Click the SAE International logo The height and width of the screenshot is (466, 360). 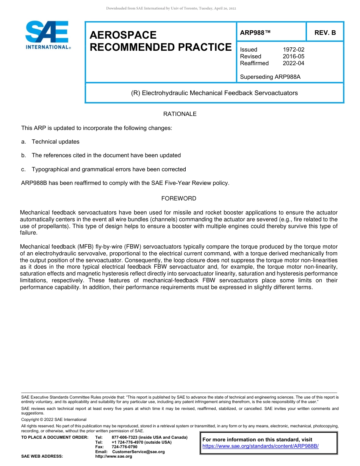click(x=47, y=35)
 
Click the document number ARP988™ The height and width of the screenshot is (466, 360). click(x=255, y=33)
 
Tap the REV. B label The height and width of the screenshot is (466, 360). click(x=325, y=33)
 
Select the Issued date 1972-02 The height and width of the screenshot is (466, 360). click(x=293, y=50)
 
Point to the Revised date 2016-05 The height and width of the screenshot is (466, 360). click(x=293, y=56)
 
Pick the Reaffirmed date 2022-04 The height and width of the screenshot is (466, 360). click(x=293, y=63)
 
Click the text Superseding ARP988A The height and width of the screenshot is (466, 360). click(x=270, y=77)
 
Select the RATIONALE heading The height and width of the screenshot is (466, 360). click(x=180, y=114)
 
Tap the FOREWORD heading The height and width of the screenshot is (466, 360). click(x=179, y=199)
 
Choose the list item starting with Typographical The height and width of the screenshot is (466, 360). click(x=108, y=169)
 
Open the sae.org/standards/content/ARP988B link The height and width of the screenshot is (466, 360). click(x=260, y=446)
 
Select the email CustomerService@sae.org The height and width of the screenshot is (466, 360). click(x=138, y=452)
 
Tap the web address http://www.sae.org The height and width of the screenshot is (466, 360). click(x=114, y=457)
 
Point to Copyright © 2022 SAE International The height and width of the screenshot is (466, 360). click(x=54, y=419)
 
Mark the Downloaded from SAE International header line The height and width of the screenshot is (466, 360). click(x=171, y=8)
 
